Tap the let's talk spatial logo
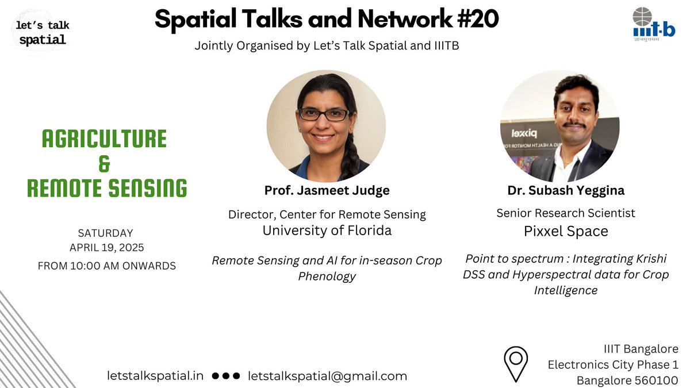(43, 33)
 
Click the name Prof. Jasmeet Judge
(327, 190)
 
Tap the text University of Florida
(327, 231)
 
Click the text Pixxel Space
(566, 231)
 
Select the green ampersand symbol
(105, 164)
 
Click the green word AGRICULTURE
(105, 139)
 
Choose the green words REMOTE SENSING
(107, 189)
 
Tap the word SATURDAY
(105, 233)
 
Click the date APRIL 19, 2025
(106, 248)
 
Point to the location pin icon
(516, 363)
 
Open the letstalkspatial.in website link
(155, 376)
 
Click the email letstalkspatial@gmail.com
(328, 376)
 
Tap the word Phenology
(327, 276)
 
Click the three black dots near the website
(225, 376)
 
